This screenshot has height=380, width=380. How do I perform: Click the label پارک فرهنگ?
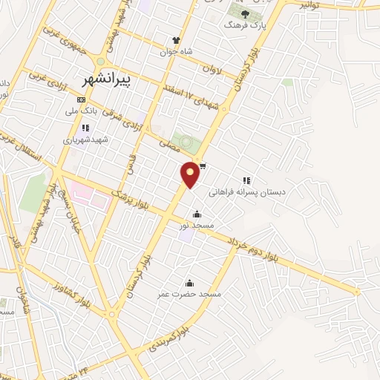tap(246, 25)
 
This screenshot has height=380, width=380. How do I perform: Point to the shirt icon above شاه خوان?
tap(176, 40)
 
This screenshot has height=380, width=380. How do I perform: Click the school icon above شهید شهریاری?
tap(85, 128)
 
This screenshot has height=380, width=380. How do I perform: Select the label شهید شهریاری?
tap(85, 140)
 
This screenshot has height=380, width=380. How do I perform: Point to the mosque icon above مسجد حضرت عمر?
tap(189, 283)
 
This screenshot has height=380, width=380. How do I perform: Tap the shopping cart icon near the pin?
tap(203, 166)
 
